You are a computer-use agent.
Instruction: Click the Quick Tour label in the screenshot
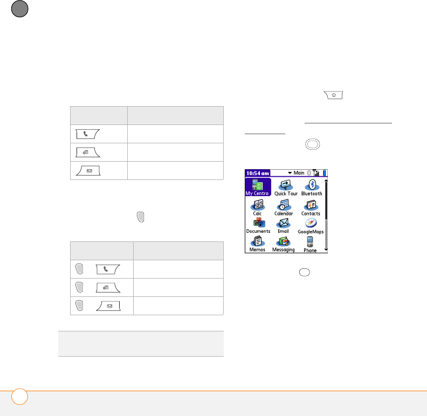point(286,193)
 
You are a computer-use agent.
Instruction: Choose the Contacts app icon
point(311,205)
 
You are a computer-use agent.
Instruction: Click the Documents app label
point(258,231)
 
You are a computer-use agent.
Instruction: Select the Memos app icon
point(258,241)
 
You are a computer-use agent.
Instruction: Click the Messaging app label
point(284,250)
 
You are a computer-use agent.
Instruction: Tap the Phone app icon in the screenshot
point(310,241)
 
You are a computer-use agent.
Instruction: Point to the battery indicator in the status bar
point(325,173)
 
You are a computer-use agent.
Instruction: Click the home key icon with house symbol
point(333,95)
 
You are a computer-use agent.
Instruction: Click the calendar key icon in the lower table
point(108,287)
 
